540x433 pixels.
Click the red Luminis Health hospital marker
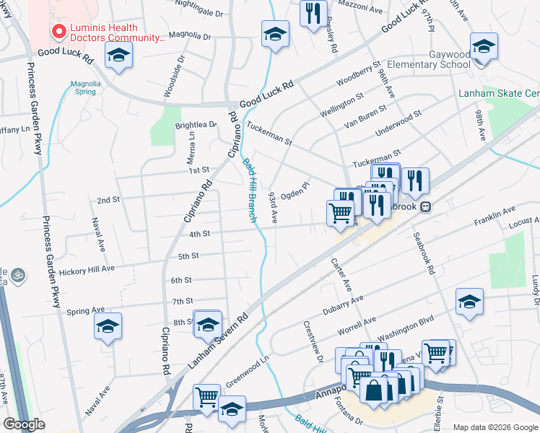coord(58,31)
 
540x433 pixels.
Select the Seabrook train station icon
coord(426,206)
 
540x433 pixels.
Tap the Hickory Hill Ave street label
coord(87,268)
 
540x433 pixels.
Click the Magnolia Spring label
coord(85,87)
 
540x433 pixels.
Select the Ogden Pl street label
coord(295,191)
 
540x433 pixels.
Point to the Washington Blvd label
coord(404,327)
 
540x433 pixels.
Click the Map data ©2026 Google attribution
coord(495,427)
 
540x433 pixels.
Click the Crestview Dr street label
coord(313,339)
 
